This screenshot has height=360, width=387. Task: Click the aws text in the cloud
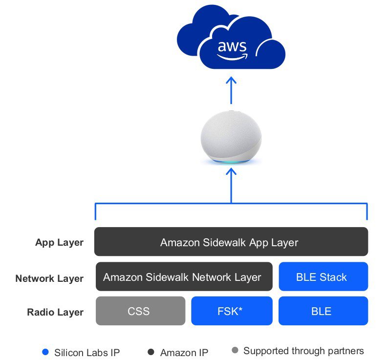pos(231,46)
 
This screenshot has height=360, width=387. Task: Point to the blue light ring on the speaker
pos(231,162)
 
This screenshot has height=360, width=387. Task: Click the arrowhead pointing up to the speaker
pos(231,172)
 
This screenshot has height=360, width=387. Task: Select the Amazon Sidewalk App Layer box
pos(231,242)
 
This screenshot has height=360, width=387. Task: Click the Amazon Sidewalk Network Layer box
pos(184,277)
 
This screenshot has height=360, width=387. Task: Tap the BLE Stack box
pos(322,277)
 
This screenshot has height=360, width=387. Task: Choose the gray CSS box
pos(140,311)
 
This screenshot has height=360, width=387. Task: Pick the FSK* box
pos(232,311)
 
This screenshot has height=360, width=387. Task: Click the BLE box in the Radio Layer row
pos(322,311)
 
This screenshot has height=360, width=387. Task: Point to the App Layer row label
pos(59,242)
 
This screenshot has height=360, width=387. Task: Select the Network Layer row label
pos(49,278)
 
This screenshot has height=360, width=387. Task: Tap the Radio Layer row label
pos(55,312)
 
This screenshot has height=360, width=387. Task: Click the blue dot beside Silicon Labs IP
pos(45,352)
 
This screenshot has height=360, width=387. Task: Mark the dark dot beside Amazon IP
pos(151,352)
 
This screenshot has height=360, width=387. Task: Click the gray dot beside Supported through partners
pos(235,351)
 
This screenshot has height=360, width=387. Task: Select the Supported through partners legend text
pos(303,351)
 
